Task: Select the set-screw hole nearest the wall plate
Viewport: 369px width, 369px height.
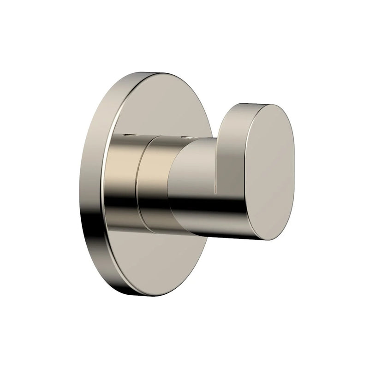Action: (128, 135)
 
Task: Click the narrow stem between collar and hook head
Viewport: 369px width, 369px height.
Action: (194, 184)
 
